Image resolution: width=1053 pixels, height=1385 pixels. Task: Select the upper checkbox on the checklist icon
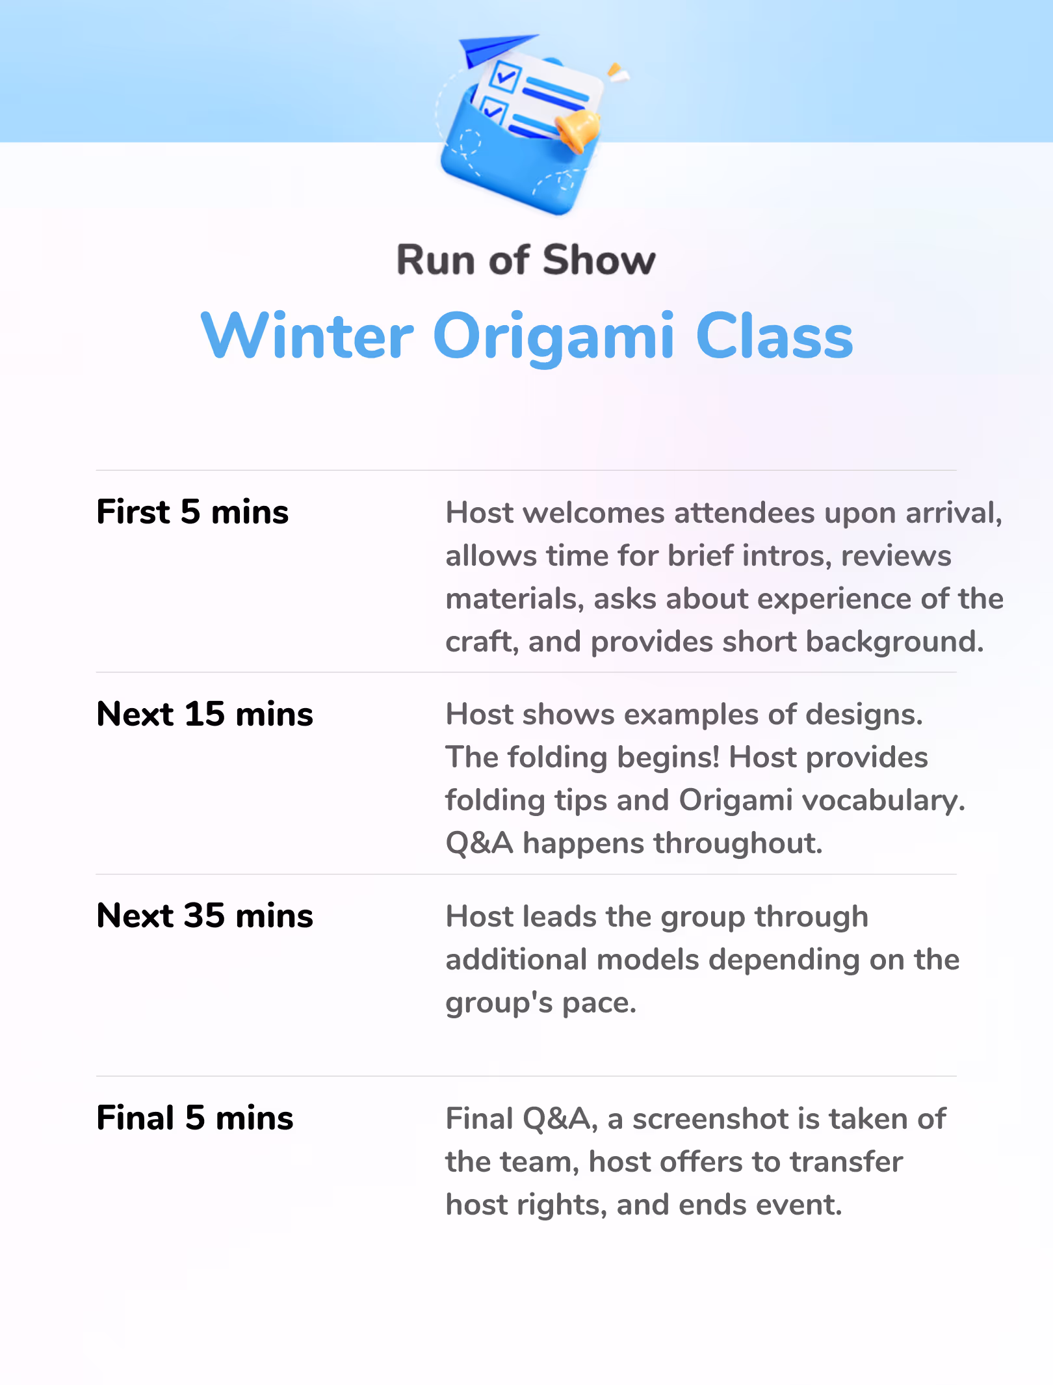505,77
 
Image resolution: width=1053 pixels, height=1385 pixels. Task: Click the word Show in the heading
599,260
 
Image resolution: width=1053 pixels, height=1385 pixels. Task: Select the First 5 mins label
192,512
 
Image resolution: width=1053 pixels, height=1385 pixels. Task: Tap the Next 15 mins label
205,714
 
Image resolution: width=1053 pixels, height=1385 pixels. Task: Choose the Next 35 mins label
205,916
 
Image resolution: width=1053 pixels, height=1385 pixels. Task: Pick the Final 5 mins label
195,1118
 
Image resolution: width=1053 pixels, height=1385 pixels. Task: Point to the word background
894,642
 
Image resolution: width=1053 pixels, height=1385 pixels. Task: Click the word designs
864,715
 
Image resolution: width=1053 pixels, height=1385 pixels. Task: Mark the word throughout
738,843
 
